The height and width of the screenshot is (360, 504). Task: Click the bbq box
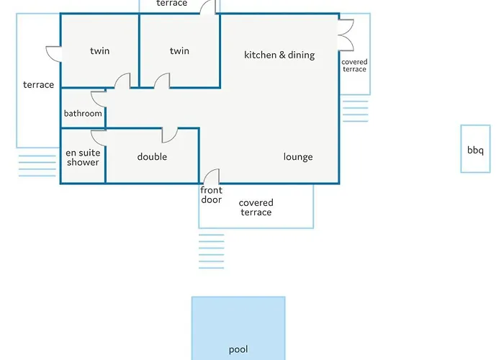(x=475, y=149)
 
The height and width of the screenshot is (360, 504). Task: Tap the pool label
(x=238, y=349)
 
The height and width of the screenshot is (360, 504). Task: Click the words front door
(x=211, y=195)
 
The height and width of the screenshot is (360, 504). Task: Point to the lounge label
(x=298, y=157)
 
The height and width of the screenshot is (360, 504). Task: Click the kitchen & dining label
(x=279, y=55)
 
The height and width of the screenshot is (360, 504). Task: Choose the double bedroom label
(x=152, y=156)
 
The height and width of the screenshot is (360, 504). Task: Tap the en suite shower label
(x=83, y=158)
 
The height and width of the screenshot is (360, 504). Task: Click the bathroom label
(x=83, y=113)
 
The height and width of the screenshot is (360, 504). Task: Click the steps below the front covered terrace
(x=211, y=251)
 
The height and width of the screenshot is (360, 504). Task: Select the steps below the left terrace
(x=37, y=166)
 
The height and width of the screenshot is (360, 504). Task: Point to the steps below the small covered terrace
(x=355, y=111)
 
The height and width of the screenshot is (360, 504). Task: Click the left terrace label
(x=39, y=84)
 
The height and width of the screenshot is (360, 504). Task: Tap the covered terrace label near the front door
(x=256, y=207)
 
